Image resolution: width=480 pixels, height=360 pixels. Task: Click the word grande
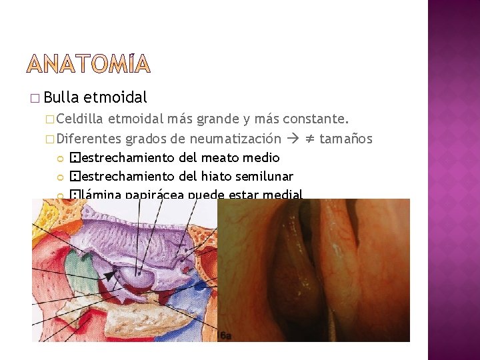click(221, 120)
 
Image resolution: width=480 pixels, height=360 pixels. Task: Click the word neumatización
click(235, 139)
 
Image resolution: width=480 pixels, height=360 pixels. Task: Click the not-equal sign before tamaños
click(309, 139)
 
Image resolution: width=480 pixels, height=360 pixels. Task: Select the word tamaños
click(346, 139)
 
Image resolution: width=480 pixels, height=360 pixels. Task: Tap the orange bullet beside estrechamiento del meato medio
click(59, 159)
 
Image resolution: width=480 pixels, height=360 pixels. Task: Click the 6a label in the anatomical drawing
click(225, 335)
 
